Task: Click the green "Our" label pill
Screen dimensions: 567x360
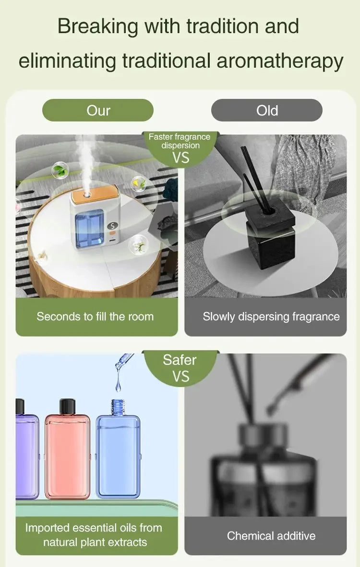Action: click(98, 110)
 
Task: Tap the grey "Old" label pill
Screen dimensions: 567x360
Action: click(267, 110)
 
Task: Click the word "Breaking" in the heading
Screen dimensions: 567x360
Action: click(97, 26)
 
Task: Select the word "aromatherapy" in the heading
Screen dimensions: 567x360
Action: click(280, 61)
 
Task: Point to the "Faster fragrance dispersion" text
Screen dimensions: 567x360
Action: click(180, 141)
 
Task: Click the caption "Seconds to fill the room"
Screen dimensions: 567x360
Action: click(95, 316)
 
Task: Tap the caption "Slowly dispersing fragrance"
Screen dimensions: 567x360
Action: click(271, 316)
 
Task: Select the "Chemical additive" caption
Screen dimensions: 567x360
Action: click(271, 535)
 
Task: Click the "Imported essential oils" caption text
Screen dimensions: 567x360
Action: click(94, 528)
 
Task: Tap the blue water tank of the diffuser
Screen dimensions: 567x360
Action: click(89, 229)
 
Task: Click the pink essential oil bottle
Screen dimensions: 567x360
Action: click(67, 456)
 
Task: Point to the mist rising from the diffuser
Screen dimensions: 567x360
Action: click(85, 158)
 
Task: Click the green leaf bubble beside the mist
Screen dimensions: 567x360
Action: click(60, 170)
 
